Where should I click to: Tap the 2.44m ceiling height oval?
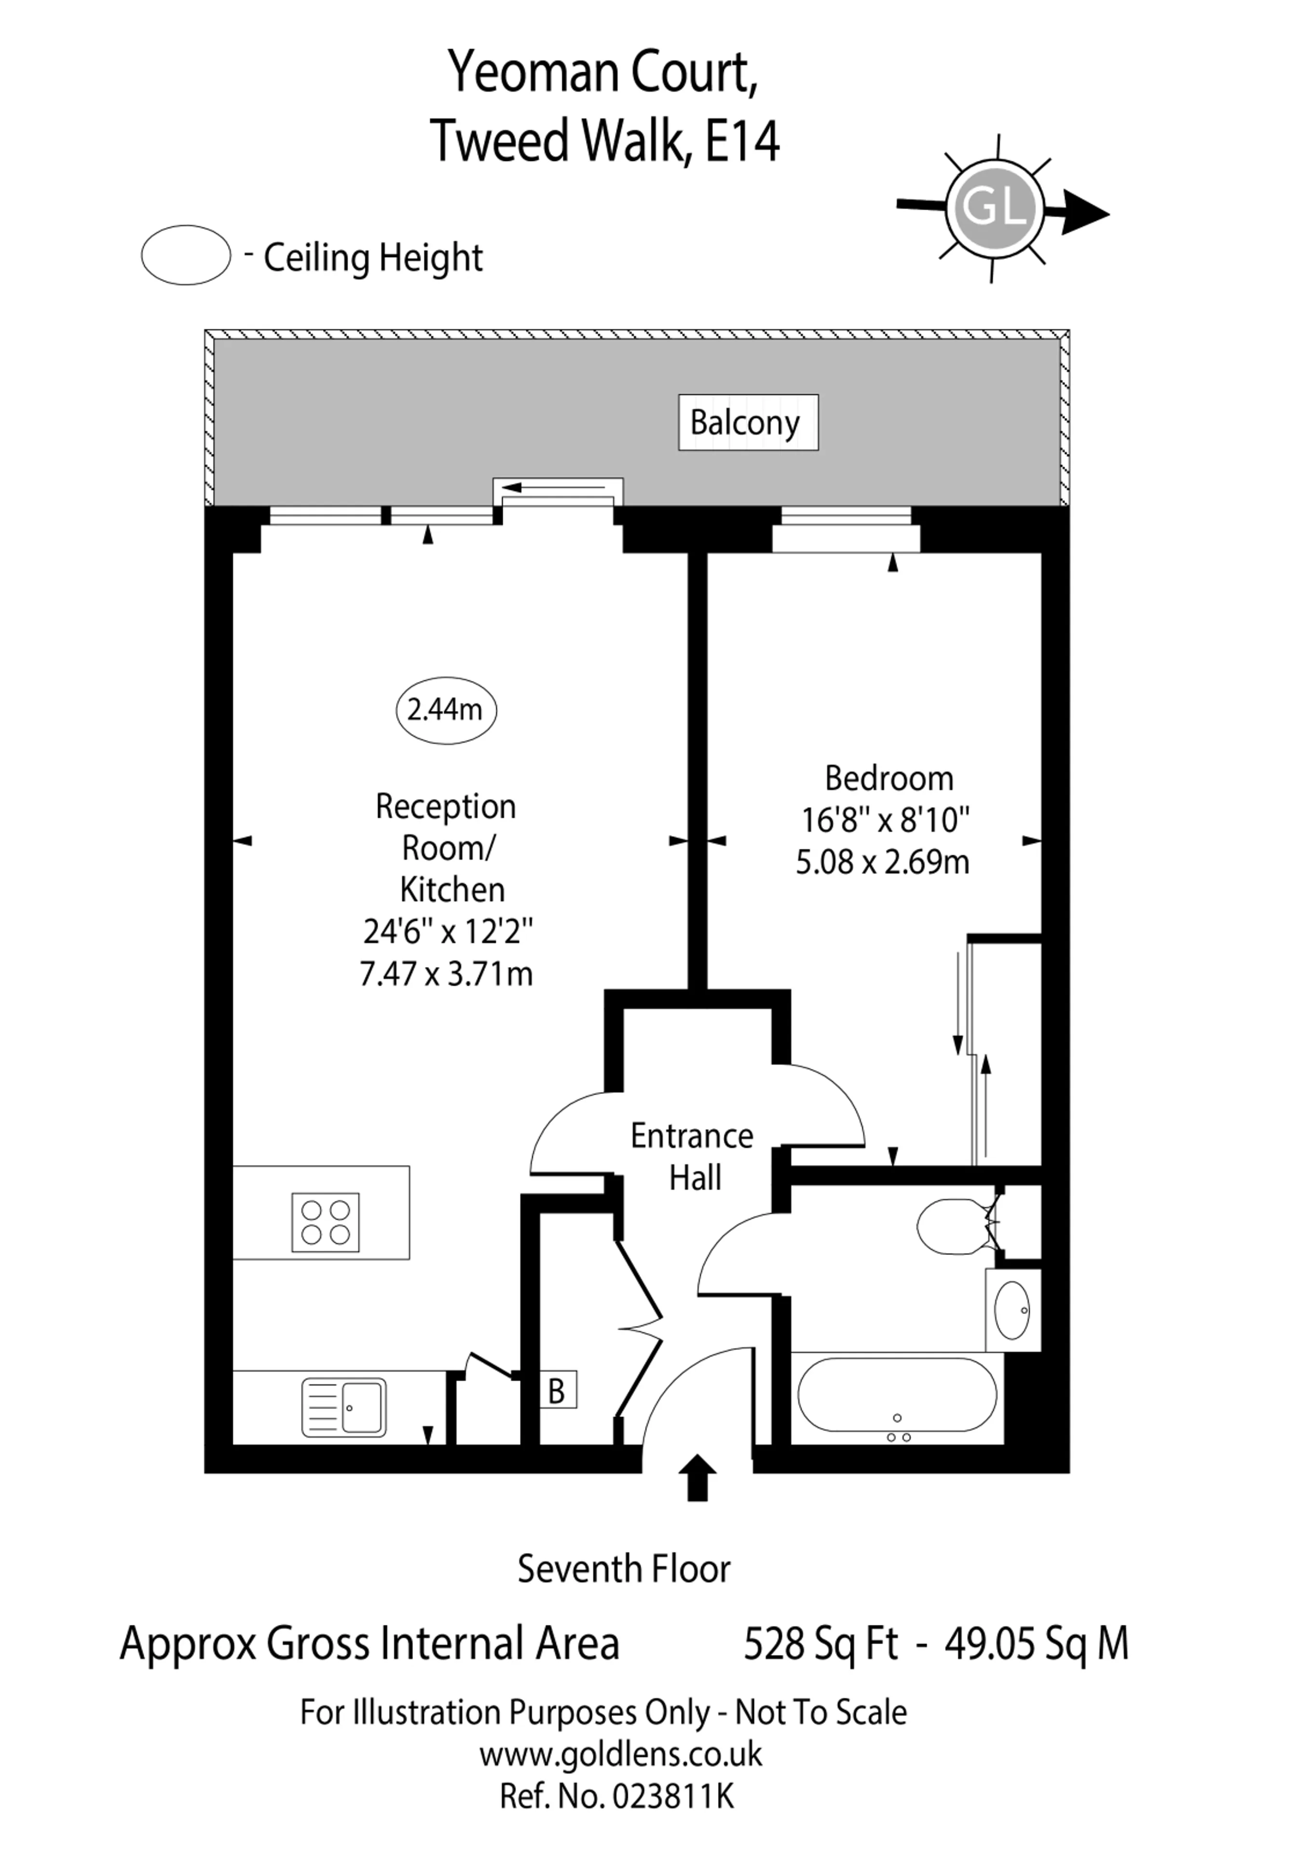[x=446, y=710]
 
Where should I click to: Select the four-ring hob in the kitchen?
[x=325, y=1222]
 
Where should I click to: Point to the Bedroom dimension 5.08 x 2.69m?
[x=883, y=862]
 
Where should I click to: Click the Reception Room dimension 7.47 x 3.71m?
[x=446, y=974]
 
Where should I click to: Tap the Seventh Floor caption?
[x=624, y=1569]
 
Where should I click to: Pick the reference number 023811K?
[x=673, y=1797]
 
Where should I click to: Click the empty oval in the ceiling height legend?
[x=186, y=255]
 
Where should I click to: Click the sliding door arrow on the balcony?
[x=553, y=487]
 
